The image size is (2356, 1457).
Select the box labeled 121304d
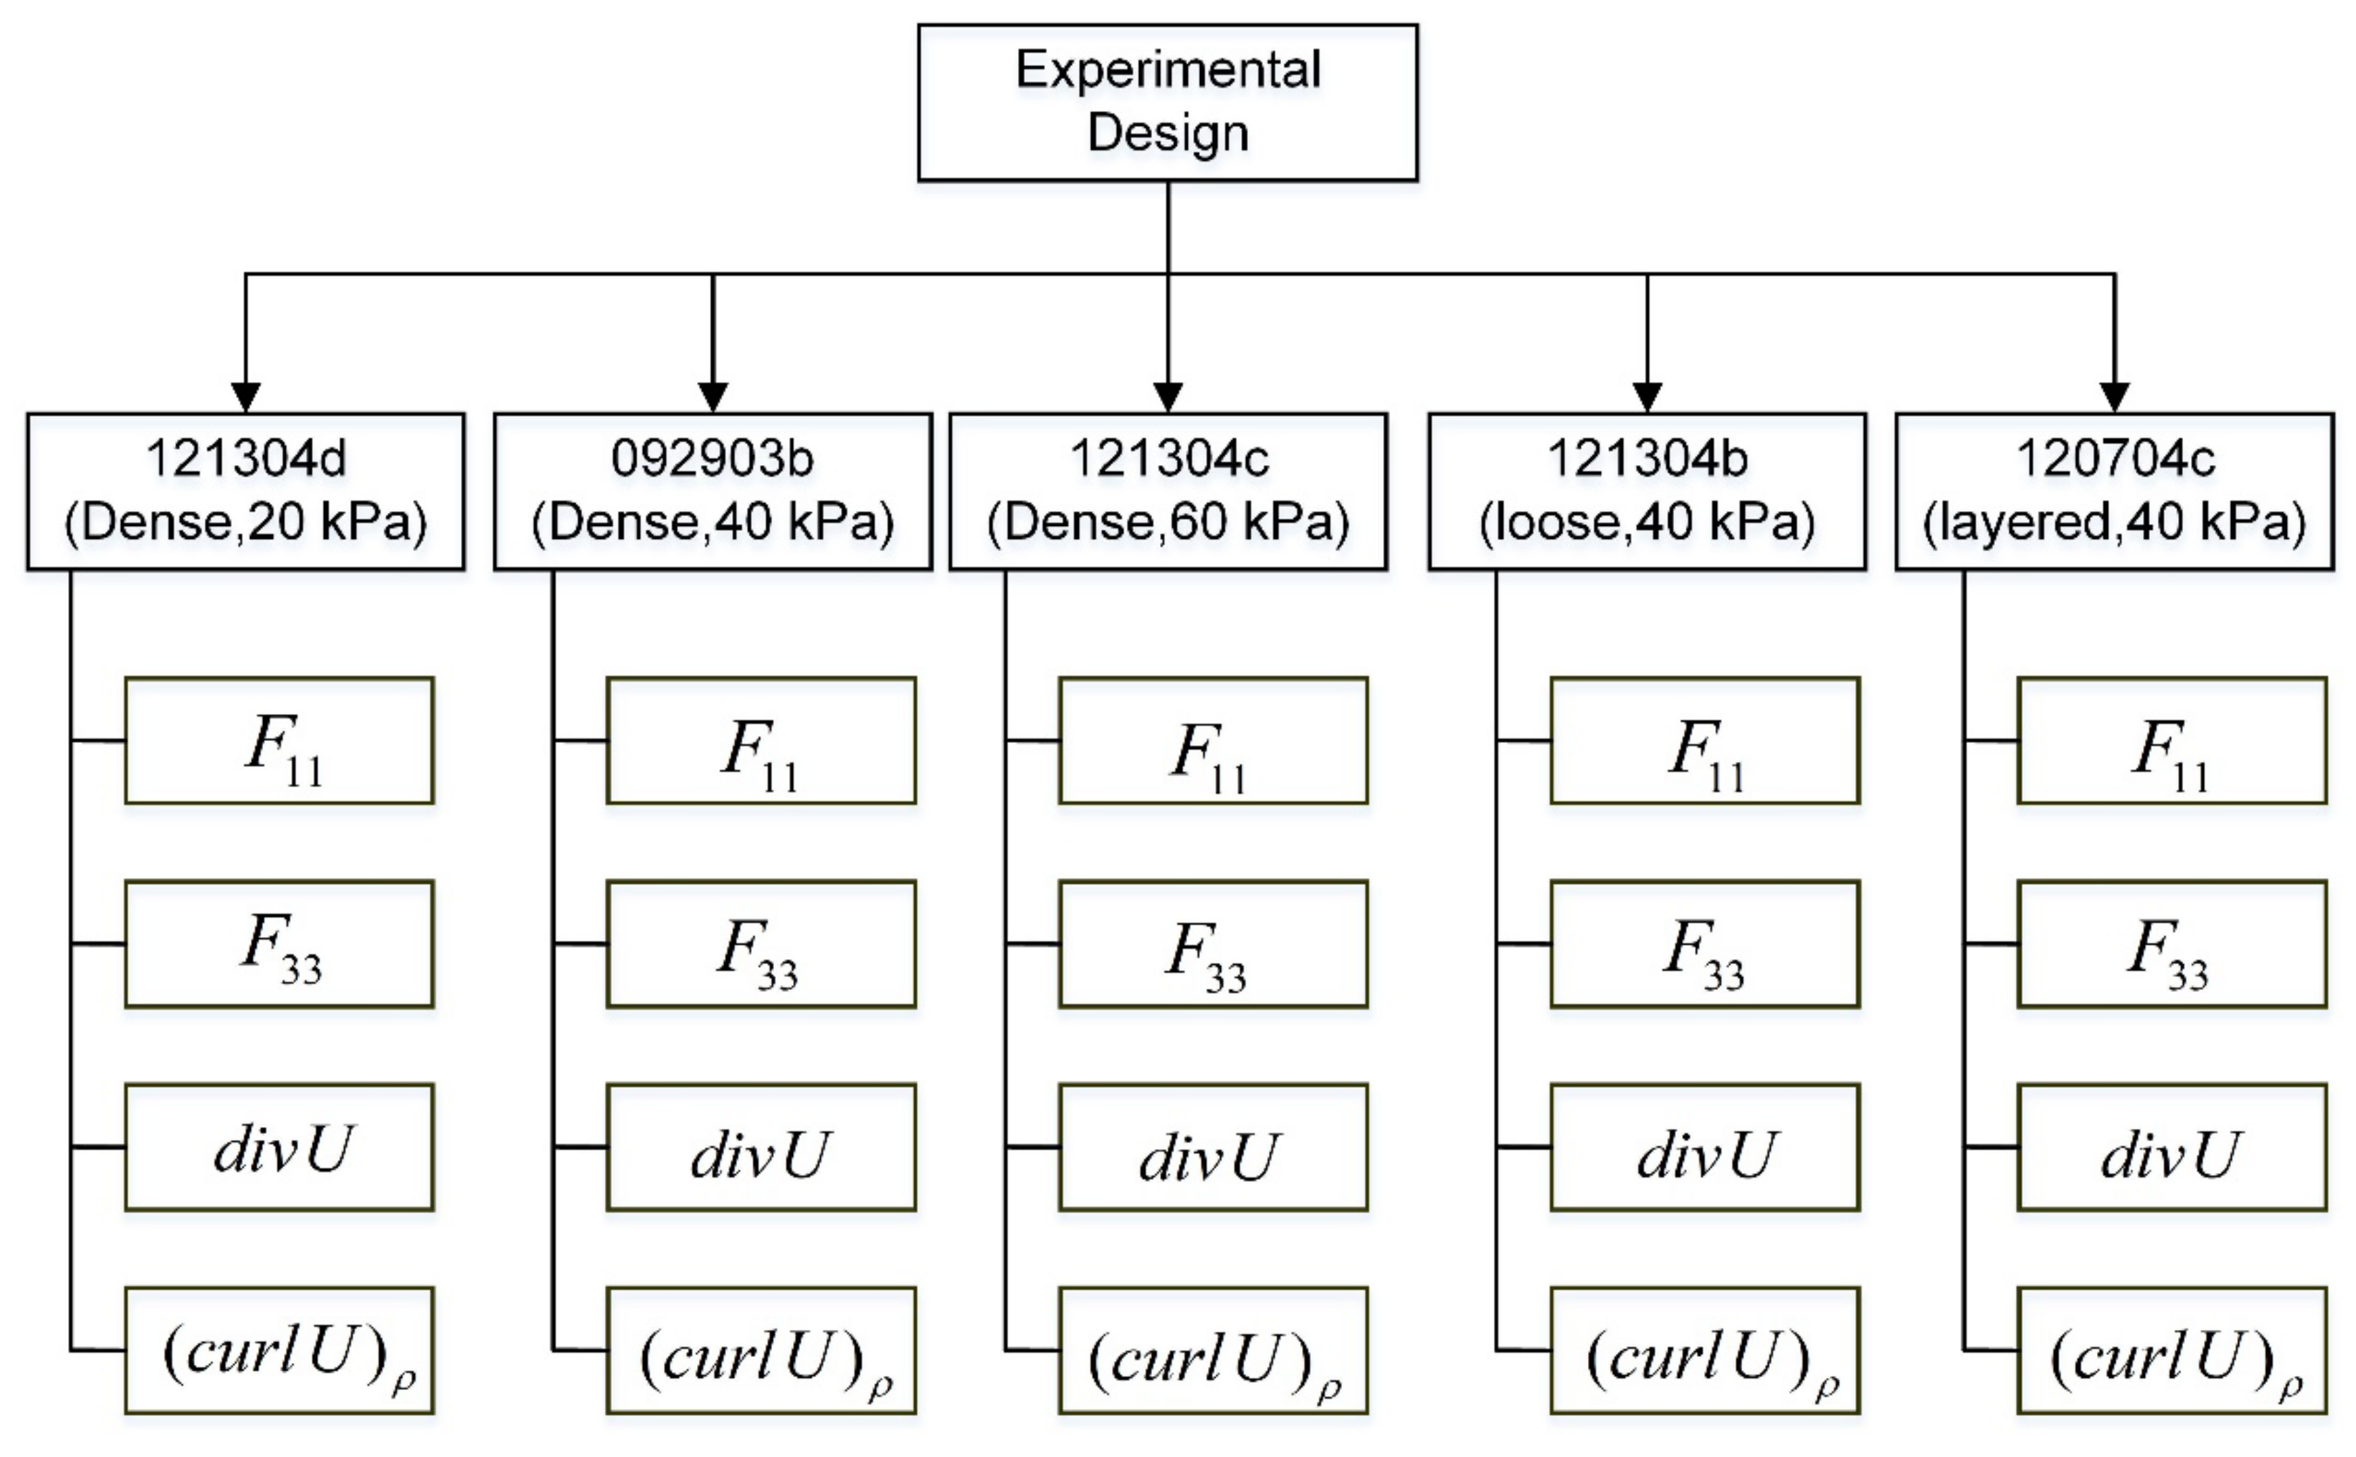[x=245, y=492]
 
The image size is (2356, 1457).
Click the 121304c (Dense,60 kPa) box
[x=1168, y=492]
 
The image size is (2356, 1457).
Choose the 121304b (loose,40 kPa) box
[x=1646, y=492]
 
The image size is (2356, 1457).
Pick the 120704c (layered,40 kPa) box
[x=2114, y=492]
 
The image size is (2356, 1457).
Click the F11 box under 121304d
[x=279, y=740]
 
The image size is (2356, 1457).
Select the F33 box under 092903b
[x=761, y=943]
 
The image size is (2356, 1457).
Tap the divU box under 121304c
[x=1212, y=1147]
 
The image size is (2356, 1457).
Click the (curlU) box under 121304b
[x=1704, y=1350]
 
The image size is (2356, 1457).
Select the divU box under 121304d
[x=279, y=1147]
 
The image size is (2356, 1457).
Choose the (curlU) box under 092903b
[x=761, y=1350]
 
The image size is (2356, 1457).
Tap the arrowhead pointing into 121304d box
[x=245, y=397]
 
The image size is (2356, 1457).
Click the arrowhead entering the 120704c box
[x=2114, y=397]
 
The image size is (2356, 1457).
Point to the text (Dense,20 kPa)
[x=245, y=522]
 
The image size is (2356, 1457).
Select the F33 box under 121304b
[x=1704, y=943]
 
